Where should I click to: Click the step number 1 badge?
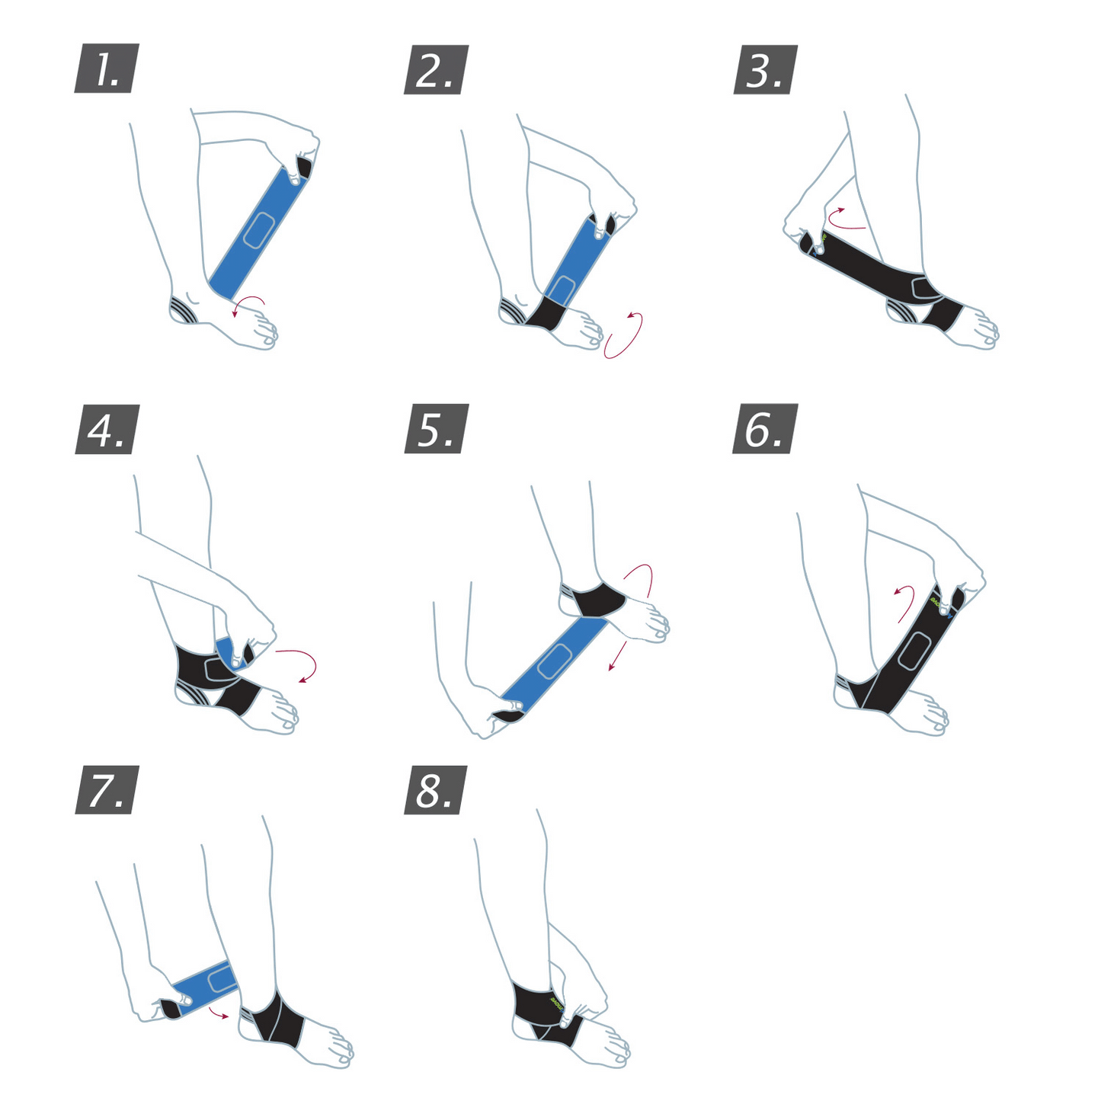107,69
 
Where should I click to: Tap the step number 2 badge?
436,69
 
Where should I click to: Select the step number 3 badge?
765,69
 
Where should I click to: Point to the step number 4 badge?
107,429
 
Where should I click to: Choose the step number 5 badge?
436,429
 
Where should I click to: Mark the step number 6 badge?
765,429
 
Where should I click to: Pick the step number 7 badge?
107,789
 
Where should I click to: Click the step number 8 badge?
436,789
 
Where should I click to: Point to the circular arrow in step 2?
625,335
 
